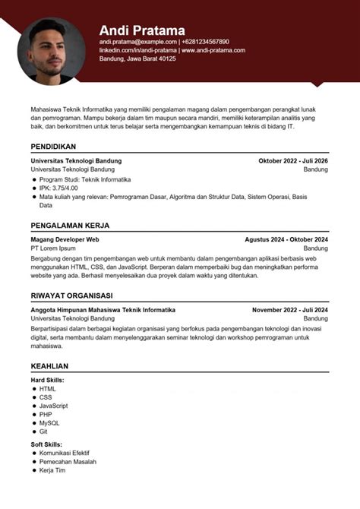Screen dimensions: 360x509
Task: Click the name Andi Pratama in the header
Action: tap(142, 30)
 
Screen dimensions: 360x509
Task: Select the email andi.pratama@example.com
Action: tap(137, 42)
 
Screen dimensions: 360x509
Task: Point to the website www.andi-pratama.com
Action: tap(213, 50)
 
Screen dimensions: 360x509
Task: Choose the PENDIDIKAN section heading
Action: tap(53, 146)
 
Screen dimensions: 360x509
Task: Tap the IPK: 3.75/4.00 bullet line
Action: tap(58, 188)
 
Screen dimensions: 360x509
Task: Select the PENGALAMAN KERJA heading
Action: tap(70, 226)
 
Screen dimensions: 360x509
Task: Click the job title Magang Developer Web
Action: tap(65, 239)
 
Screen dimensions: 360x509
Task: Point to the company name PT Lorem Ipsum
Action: tap(53, 248)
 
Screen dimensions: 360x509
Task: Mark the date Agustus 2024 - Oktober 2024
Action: tap(286, 239)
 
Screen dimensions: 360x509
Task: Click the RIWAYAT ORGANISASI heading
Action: tap(71, 296)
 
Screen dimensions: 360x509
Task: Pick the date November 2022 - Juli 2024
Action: tap(290, 310)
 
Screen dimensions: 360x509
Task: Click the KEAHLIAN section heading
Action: tap(49, 365)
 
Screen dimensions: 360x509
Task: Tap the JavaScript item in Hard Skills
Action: tap(54, 406)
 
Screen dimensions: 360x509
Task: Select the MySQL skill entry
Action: tap(49, 423)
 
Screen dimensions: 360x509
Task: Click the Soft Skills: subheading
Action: tap(47, 444)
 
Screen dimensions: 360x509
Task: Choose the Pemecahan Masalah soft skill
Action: tap(68, 461)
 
